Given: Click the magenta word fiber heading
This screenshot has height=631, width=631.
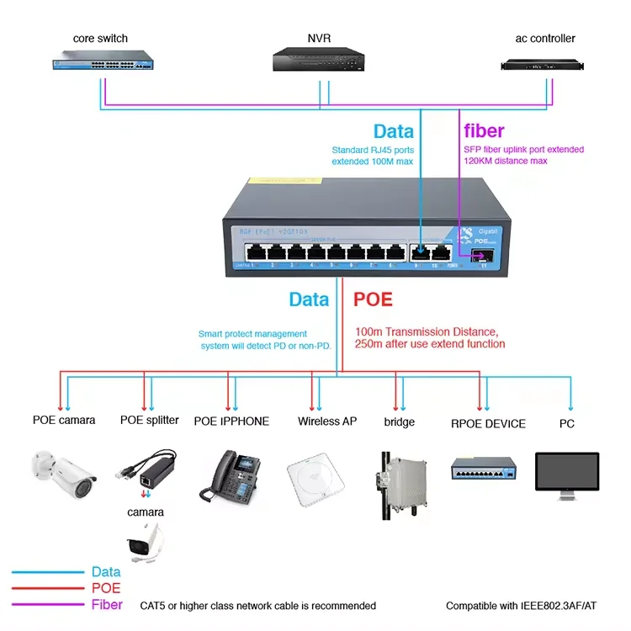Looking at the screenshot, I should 485,131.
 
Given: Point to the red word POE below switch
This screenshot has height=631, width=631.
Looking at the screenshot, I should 373,300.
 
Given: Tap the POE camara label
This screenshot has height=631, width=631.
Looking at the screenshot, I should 64,421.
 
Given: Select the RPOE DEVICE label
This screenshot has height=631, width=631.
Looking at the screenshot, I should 488,423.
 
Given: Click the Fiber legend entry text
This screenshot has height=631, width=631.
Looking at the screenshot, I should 107,604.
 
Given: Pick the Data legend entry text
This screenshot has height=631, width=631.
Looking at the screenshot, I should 106,573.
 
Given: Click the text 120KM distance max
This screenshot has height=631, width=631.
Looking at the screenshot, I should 506,161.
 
